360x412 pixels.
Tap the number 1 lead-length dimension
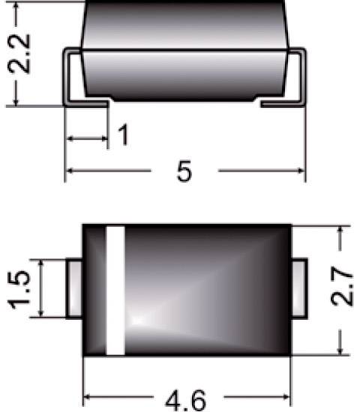coord(124,136)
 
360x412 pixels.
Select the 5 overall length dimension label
coord(184,172)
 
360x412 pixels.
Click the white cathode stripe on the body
coord(115,289)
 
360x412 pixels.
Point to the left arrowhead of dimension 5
coord(70,172)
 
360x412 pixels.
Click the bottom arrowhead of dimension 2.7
coord(341,351)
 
